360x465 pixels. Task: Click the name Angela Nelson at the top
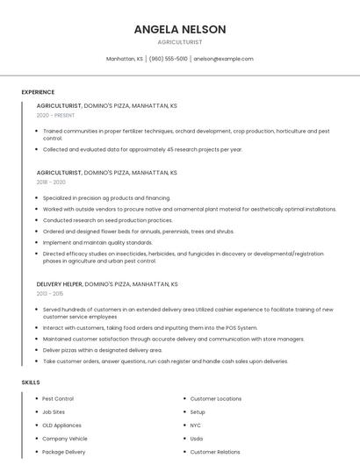(x=180, y=29)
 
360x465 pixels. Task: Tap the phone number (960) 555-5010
(x=169, y=59)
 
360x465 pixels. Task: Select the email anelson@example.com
(x=223, y=59)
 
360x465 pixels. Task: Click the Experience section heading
(x=38, y=92)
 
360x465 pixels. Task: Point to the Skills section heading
(x=31, y=383)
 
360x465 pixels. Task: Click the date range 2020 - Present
(x=54, y=115)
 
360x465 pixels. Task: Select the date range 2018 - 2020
(x=51, y=182)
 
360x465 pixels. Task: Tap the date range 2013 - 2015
(x=51, y=293)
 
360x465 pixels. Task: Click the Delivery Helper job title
(x=59, y=284)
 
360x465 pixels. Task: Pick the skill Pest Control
(x=58, y=398)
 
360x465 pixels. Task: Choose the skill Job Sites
(x=54, y=411)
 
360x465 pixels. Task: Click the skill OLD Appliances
(x=61, y=425)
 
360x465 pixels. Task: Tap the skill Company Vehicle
(x=64, y=438)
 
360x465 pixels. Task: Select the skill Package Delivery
(x=63, y=452)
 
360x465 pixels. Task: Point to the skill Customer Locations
(x=215, y=398)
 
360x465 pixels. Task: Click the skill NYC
(x=196, y=425)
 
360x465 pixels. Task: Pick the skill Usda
(x=197, y=438)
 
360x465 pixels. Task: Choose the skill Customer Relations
(x=215, y=452)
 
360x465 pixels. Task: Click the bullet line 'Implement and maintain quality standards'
(x=97, y=242)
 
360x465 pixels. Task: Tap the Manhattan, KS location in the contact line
(x=125, y=59)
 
